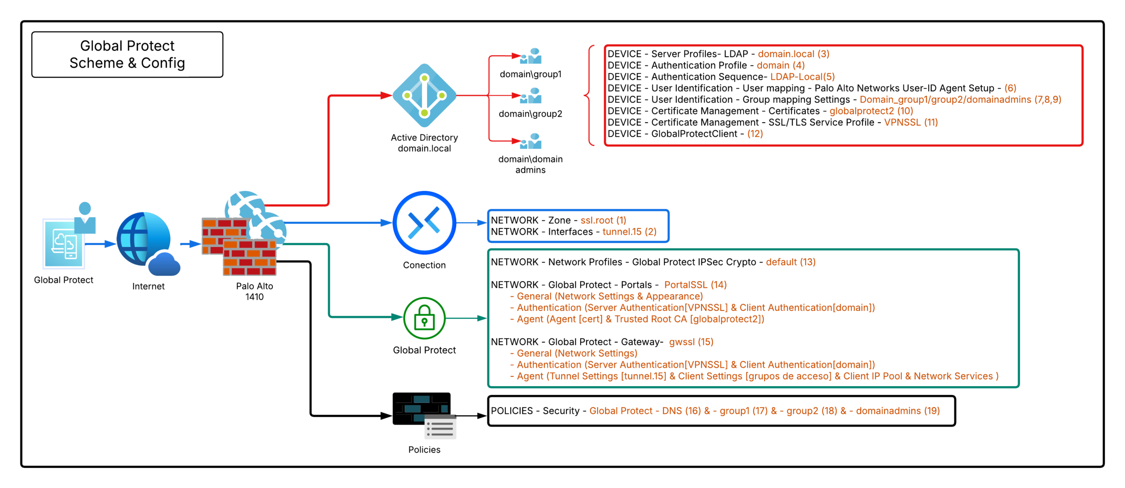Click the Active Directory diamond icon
tap(424, 95)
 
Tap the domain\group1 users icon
tap(531, 56)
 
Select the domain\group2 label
tap(530, 114)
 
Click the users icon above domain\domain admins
tap(531, 141)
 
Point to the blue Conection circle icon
tap(424, 223)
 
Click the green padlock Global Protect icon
tap(424, 318)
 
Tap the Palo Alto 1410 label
tap(254, 291)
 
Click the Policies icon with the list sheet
tap(424, 415)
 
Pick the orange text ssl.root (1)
tap(603, 220)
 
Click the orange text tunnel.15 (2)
tap(629, 231)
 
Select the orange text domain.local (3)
tap(793, 54)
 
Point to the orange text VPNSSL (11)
tap(911, 123)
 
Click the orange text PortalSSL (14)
tap(695, 285)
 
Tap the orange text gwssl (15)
tap(691, 342)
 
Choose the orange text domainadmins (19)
tap(897, 411)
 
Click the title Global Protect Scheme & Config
tap(127, 54)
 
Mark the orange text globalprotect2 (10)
tap(871, 111)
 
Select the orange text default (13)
tap(790, 262)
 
